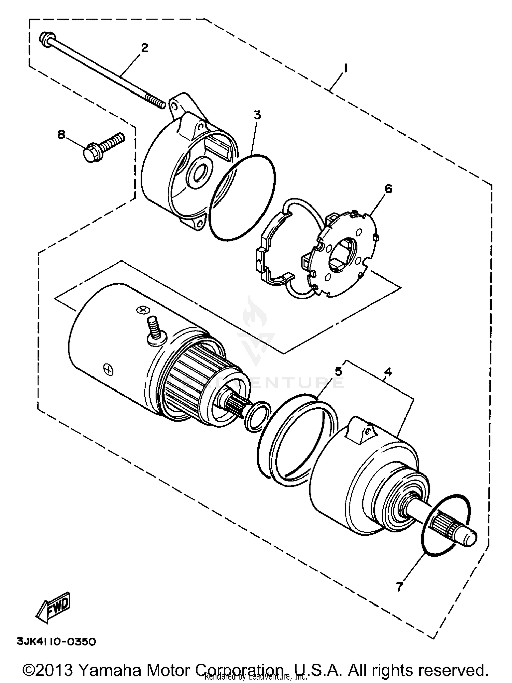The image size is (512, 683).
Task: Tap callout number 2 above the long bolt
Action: tap(145, 48)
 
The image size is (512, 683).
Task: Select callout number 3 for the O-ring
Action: tap(257, 115)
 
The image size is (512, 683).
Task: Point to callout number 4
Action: tap(387, 372)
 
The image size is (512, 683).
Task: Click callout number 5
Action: tap(338, 371)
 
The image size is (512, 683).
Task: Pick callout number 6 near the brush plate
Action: tap(388, 189)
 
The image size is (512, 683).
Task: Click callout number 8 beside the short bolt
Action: tap(61, 135)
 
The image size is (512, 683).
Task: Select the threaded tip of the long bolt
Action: tap(157, 102)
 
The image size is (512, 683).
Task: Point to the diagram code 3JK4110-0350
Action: tap(57, 642)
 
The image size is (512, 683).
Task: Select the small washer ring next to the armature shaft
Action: tap(258, 416)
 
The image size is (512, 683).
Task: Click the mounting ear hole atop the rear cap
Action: tap(174, 107)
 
